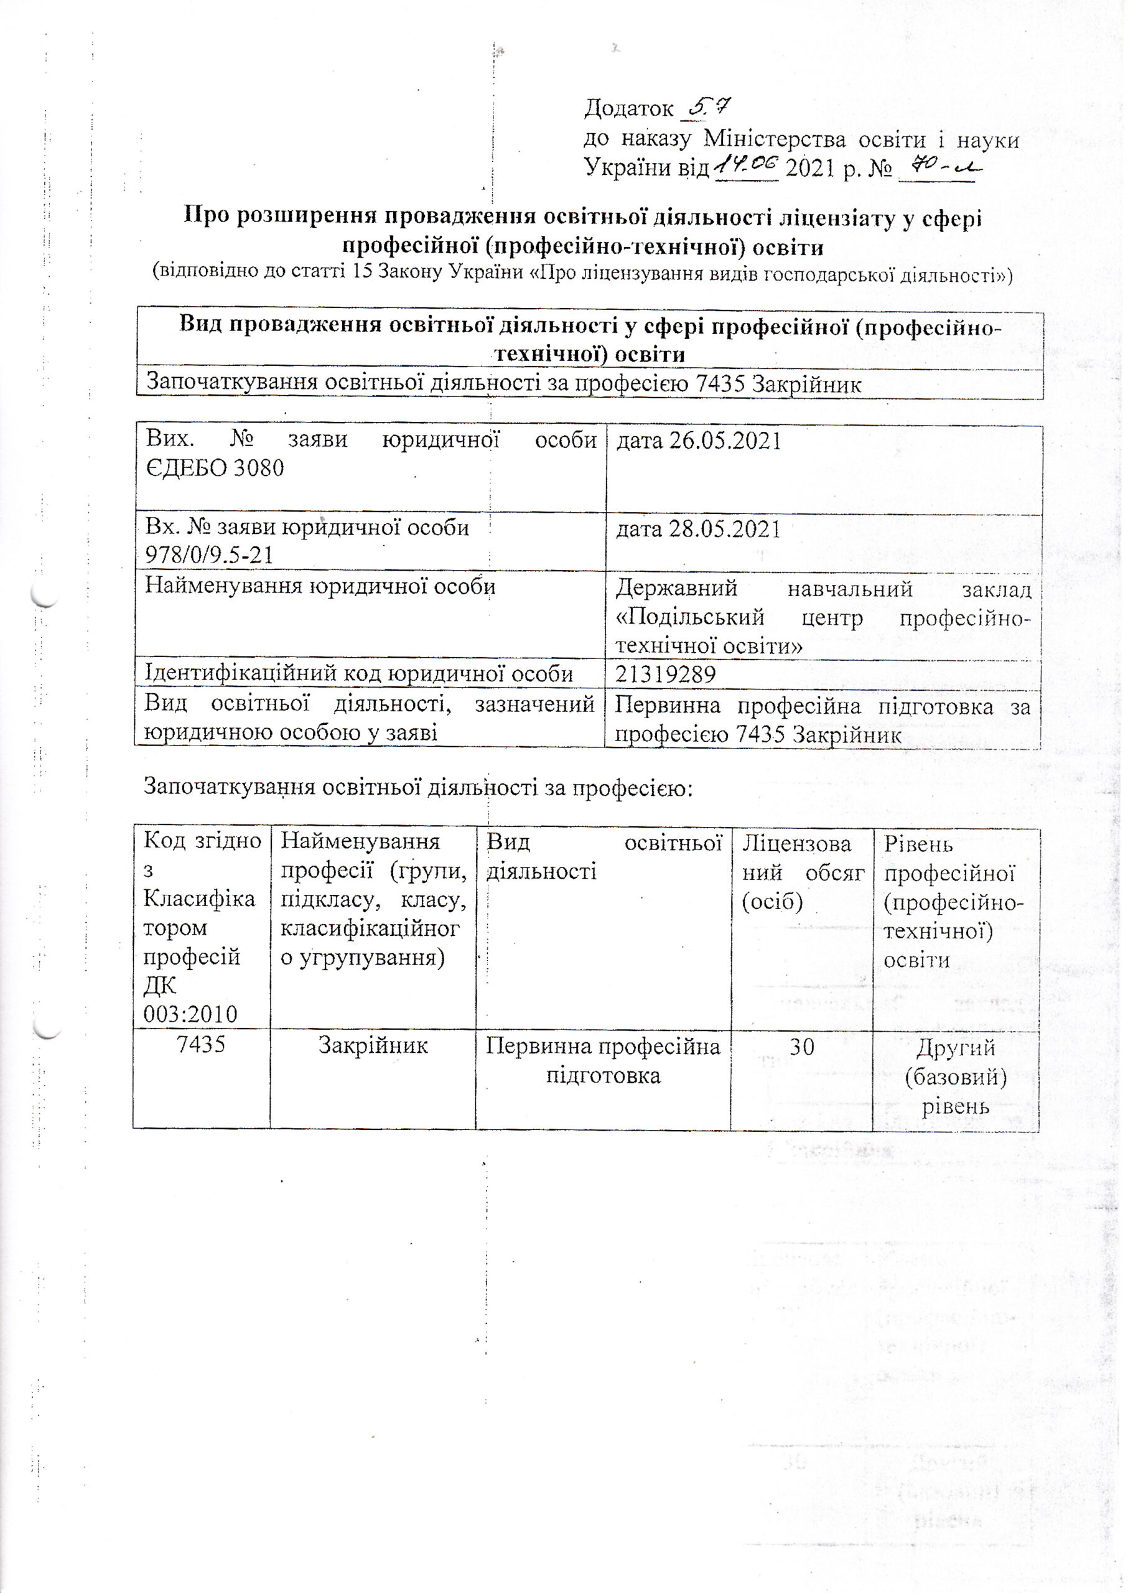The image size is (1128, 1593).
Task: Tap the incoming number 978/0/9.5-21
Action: point(208,554)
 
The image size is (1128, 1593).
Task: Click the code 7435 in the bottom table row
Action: point(202,1045)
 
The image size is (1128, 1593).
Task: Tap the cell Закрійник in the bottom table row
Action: point(373,1045)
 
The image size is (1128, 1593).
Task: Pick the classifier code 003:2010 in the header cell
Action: point(190,1015)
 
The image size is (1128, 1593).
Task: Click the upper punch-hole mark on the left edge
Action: point(46,596)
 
